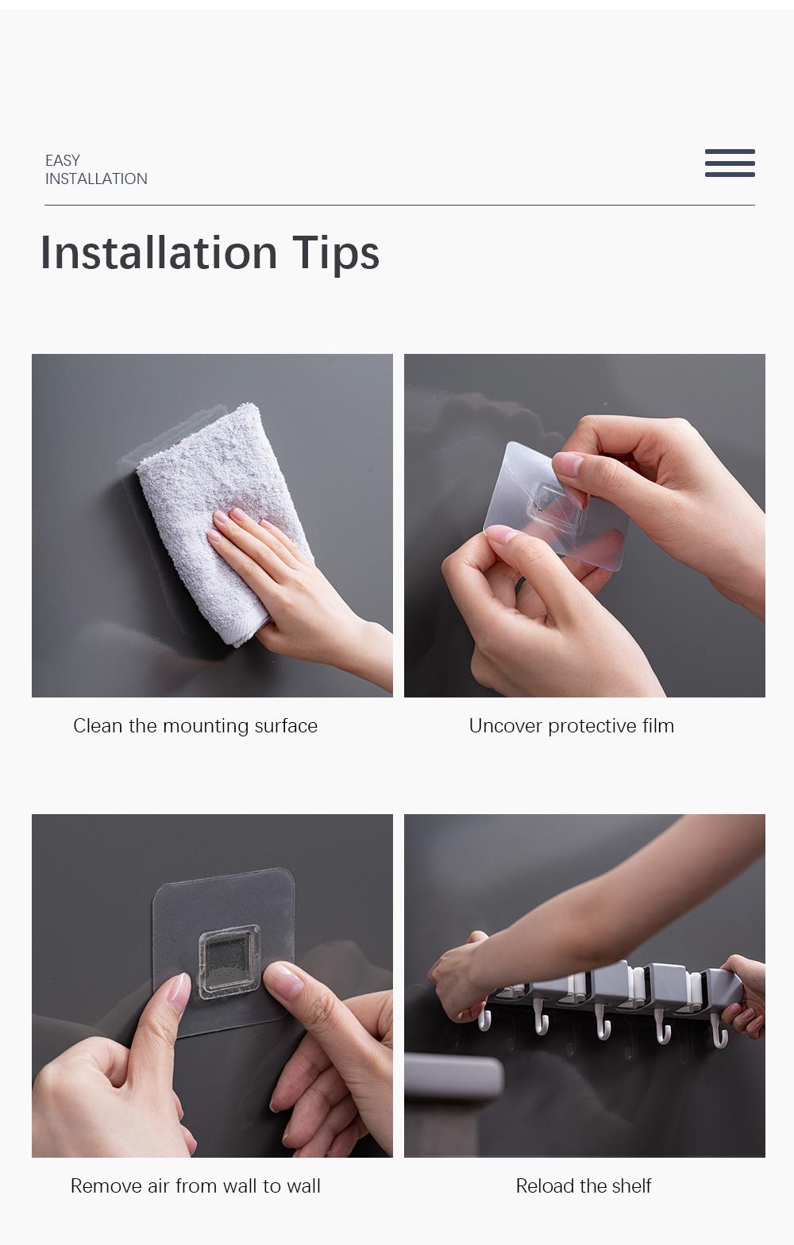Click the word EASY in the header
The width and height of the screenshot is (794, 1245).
point(63,160)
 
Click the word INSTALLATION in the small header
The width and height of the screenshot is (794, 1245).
point(96,179)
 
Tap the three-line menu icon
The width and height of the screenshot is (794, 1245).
point(730,163)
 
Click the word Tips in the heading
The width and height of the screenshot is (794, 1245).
point(336,253)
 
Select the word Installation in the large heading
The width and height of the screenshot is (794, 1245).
point(159,253)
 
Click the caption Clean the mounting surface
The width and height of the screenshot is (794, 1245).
point(195,726)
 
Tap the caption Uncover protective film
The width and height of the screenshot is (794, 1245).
point(571,726)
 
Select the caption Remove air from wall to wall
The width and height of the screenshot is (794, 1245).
point(195,1186)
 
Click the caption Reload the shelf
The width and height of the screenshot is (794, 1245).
point(583,1186)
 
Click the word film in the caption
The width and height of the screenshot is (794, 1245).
point(657,726)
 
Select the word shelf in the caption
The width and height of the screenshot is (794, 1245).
point(631,1186)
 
